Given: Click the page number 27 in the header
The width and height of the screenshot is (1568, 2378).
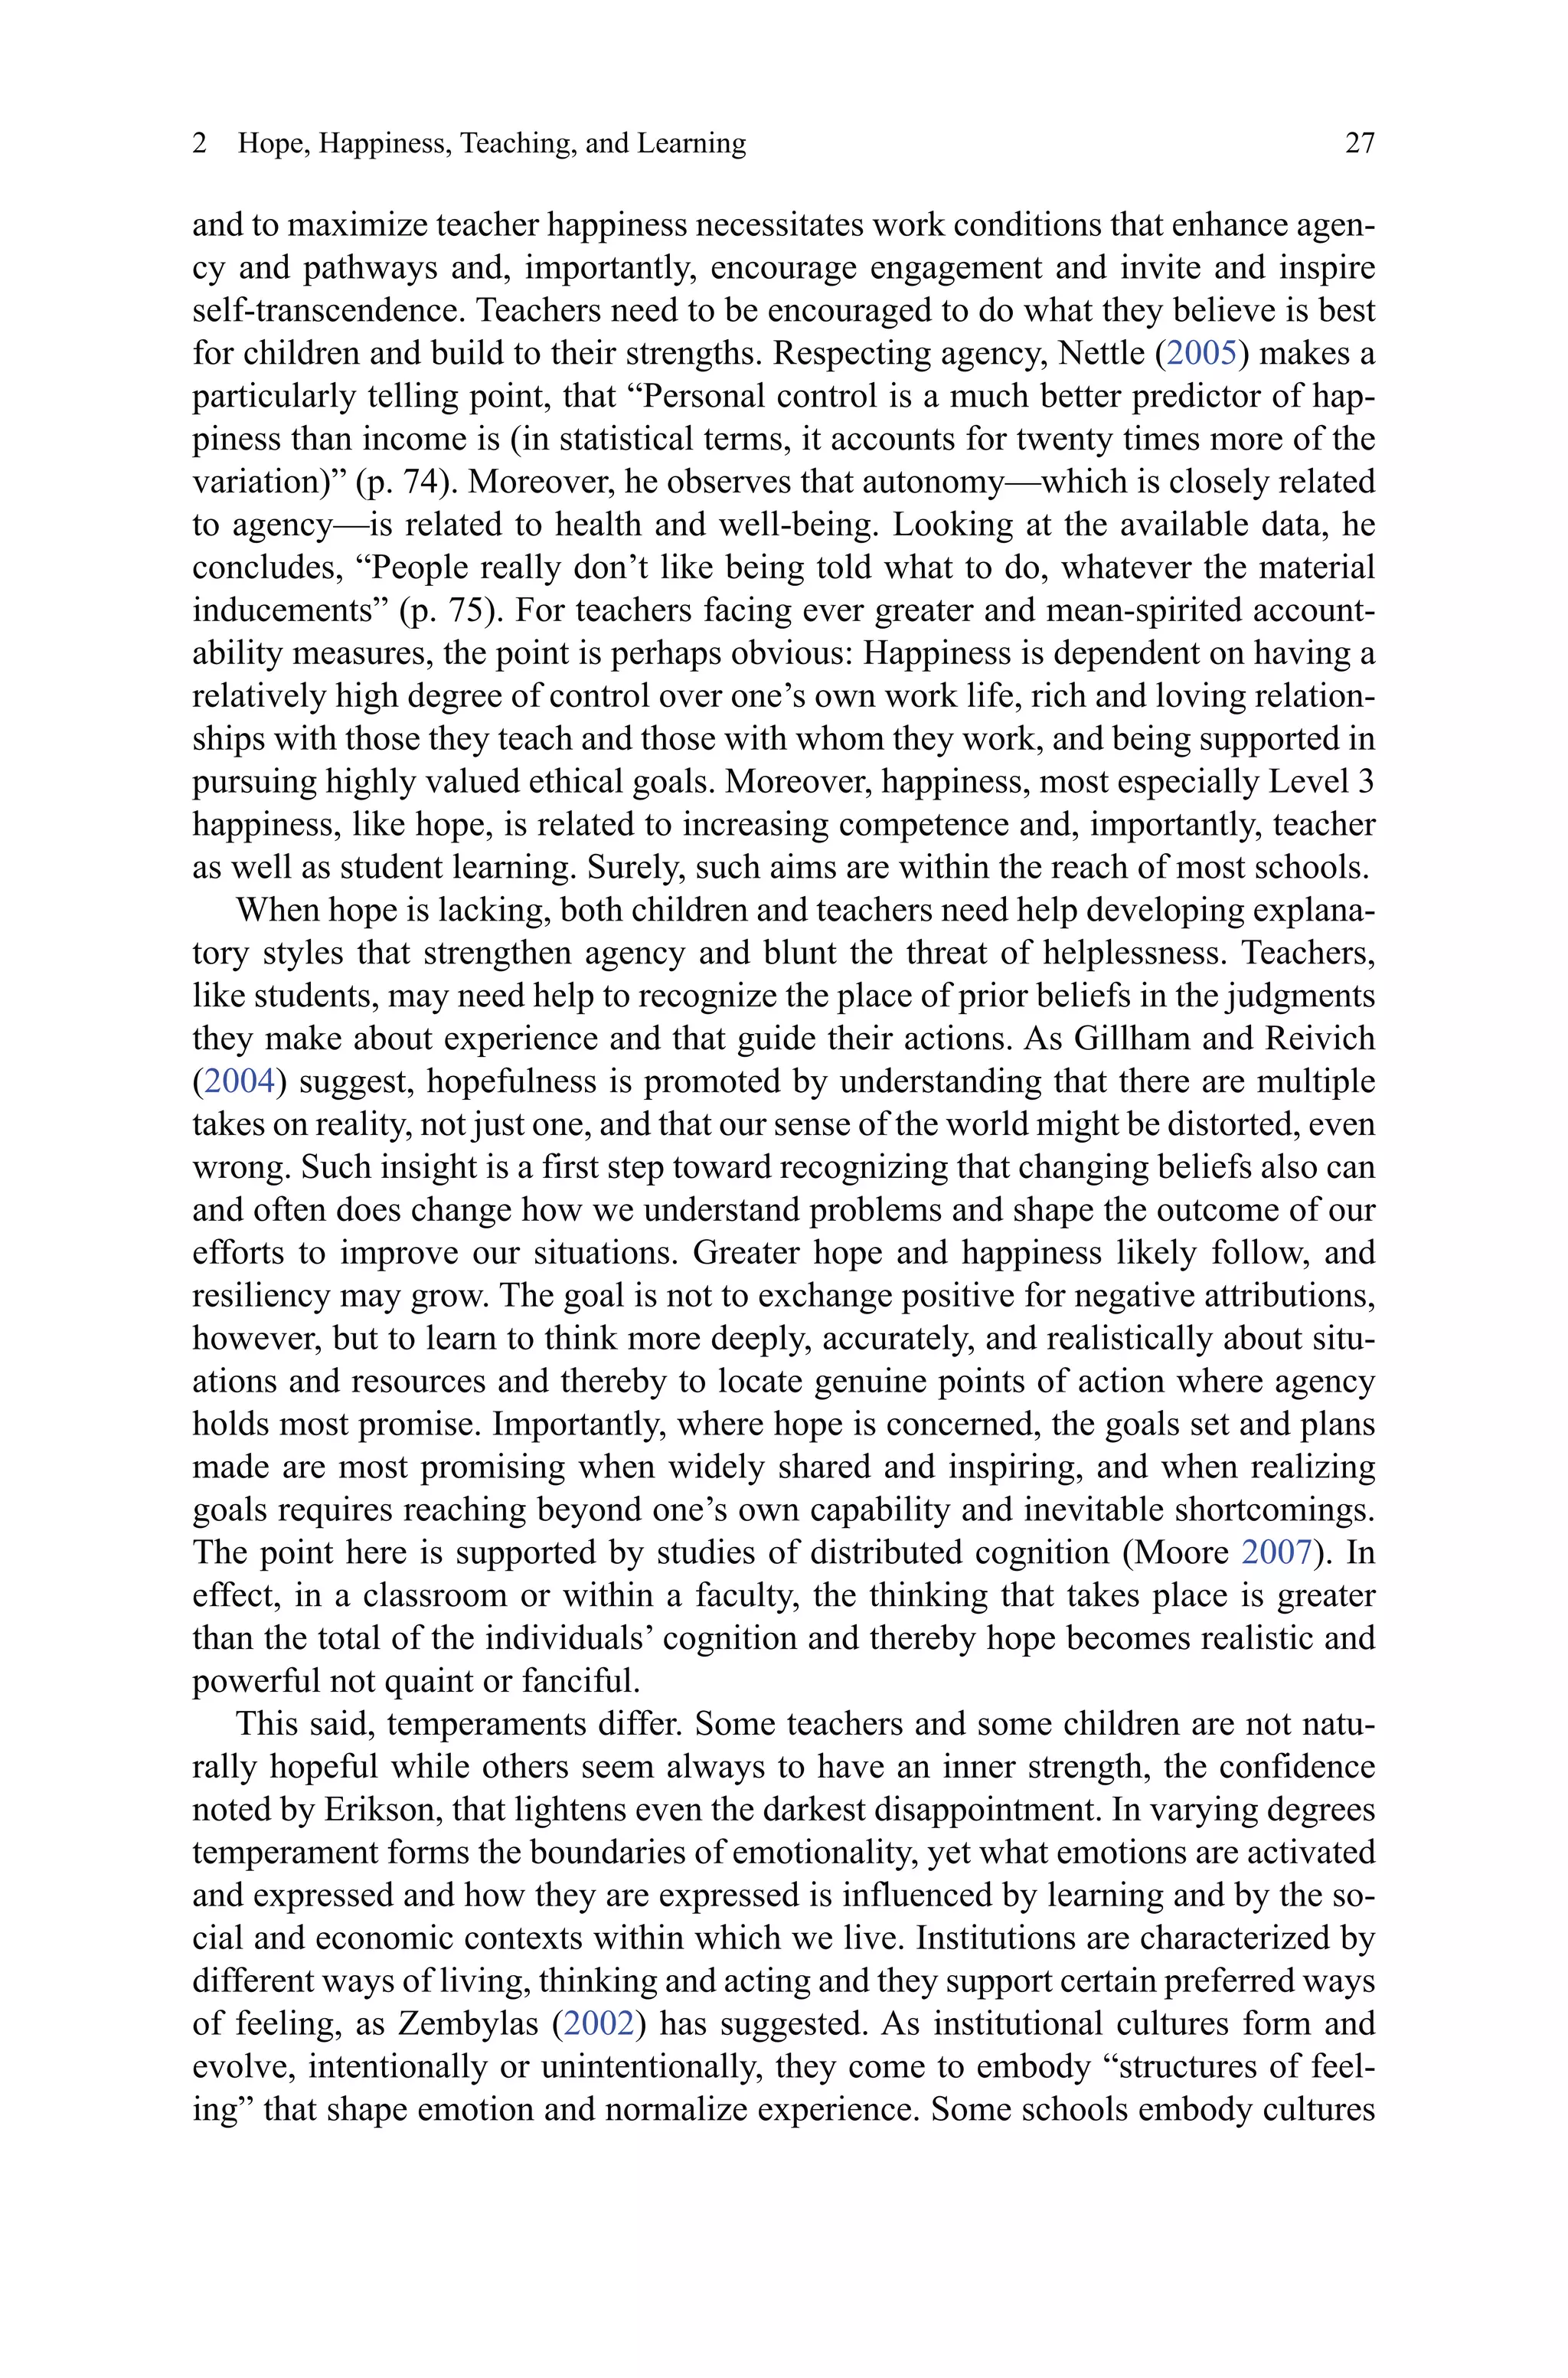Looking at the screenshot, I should point(1359,144).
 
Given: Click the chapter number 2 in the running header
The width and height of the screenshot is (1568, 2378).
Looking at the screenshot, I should point(200,144).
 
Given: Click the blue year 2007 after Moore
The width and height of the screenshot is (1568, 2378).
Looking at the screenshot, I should point(1276,1553).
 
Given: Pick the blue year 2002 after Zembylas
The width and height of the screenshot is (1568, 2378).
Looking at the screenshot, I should point(599,2024).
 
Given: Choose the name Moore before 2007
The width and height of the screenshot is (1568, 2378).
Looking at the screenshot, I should point(1185,1553).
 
